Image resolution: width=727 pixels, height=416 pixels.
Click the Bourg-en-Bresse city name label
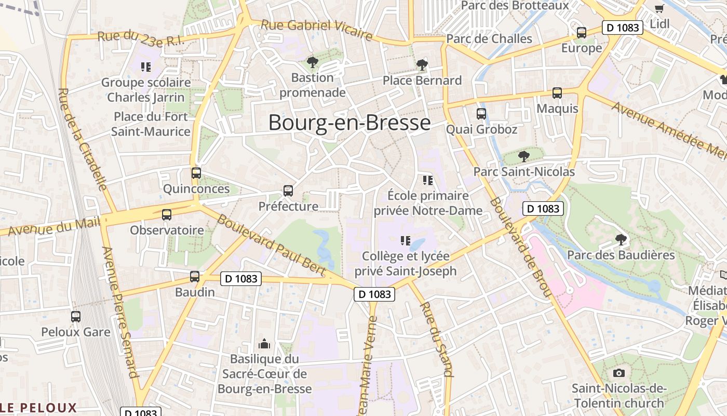pos(349,123)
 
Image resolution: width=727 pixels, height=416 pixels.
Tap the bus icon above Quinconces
pos(196,173)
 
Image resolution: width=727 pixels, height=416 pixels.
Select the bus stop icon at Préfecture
pos(288,191)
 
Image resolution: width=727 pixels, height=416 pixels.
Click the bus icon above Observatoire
pos(167,214)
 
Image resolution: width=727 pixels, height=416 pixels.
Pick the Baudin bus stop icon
pos(195,277)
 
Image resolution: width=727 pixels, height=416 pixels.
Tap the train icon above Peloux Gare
pos(76,316)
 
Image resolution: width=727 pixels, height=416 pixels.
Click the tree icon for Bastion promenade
pos(312,63)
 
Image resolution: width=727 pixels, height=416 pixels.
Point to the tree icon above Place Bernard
pos(422,65)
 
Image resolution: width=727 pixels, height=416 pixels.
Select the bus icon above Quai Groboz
pos(481,114)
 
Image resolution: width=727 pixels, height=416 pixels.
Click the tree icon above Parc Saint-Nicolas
pos(524,156)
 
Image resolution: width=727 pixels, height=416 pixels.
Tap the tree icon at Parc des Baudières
pos(621,240)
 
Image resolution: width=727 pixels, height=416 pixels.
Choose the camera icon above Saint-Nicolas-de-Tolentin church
pos(618,373)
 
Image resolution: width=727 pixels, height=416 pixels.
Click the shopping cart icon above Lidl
pos(659,8)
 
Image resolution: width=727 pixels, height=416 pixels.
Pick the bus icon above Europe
pos(582,33)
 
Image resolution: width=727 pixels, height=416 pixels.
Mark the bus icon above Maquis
pos(557,93)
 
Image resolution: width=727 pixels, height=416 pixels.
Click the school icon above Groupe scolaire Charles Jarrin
pos(146,67)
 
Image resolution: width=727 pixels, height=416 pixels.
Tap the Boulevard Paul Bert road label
pos(271,244)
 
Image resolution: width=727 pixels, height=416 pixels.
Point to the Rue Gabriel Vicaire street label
pos(317,30)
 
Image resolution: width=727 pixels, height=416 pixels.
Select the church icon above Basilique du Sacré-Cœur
pos(264,344)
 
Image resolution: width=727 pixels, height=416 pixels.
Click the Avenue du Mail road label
pos(54,226)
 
